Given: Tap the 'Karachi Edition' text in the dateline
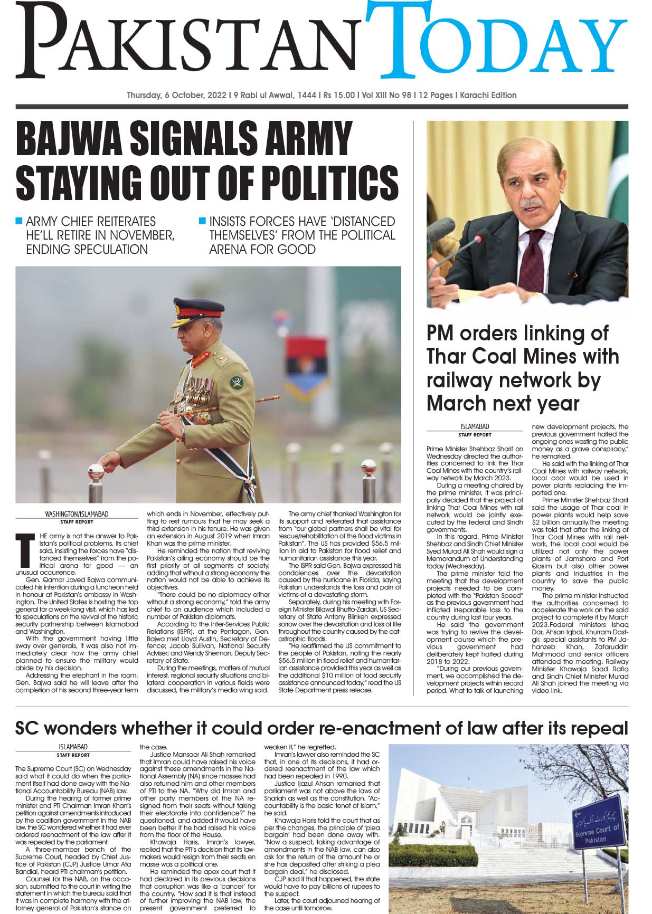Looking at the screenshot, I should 488,96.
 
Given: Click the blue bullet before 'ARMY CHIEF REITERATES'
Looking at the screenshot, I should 20,220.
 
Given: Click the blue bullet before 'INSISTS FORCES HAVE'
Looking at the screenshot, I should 202,220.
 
